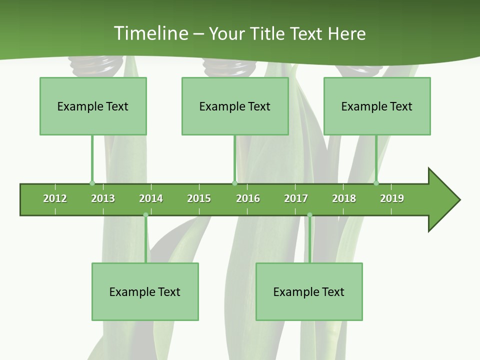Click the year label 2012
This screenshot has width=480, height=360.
pos(55,198)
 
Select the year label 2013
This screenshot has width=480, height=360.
pos(103,198)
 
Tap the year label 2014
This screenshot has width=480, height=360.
pos(151,198)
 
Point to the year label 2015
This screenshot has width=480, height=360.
pos(199,198)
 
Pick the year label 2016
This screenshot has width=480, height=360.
pos(248,198)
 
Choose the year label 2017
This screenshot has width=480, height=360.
pos(296,198)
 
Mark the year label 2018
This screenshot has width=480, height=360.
pos(344,198)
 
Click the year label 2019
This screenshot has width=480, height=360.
pos(392,198)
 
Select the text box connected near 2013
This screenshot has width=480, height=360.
pos(93,106)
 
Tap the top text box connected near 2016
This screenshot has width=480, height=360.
pos(235,106)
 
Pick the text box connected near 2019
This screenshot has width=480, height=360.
pos(377,106)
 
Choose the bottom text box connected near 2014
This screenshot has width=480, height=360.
pos(145,291)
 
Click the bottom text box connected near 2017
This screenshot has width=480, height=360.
pos(309,291)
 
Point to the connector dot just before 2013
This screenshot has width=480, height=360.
pos(92,183)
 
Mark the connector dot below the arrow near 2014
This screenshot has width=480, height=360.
pos(145,215)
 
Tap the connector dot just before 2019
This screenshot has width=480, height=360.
pos(376,183)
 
